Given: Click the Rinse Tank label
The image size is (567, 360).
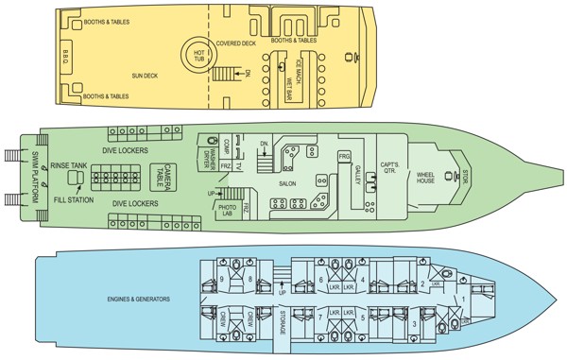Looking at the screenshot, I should tap(70, 164).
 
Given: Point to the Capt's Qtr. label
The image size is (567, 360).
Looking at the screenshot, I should tap(390, 170).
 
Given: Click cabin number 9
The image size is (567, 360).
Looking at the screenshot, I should tap(221, 279).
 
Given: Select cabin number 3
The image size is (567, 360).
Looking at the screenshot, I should tap(417, 323).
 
